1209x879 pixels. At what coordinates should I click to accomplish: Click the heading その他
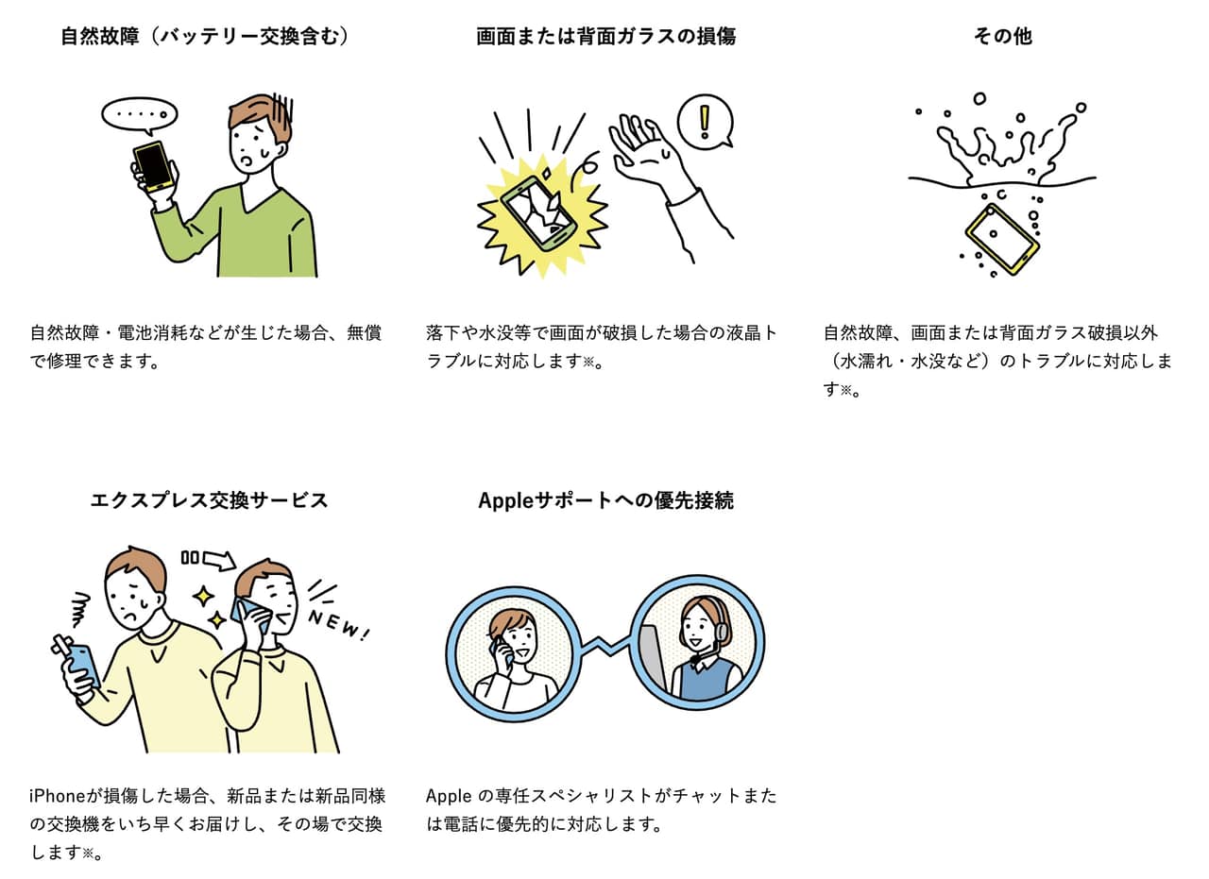click(1002, 37)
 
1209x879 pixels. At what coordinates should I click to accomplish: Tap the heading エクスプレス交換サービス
click(210, 500)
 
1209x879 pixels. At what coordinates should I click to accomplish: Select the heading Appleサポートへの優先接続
click(605, 500)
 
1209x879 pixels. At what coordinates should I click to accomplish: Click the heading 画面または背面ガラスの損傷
click(605, 37)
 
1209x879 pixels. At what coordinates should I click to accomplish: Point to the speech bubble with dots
click(139, 115)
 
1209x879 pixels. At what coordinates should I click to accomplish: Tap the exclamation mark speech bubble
click(705, 122)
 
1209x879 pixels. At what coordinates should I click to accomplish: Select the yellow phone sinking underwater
click(1002, 239)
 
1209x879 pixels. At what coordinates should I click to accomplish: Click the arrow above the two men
click(219, 559)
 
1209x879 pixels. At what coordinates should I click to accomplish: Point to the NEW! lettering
click(339, 625)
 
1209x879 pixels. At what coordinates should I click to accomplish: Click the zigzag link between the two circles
click(605, 646)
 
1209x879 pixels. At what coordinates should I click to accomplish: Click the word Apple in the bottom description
click(449, 797)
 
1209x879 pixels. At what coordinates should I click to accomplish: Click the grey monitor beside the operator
click(653, 662)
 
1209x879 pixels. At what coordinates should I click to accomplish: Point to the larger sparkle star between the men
click(204, 597)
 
